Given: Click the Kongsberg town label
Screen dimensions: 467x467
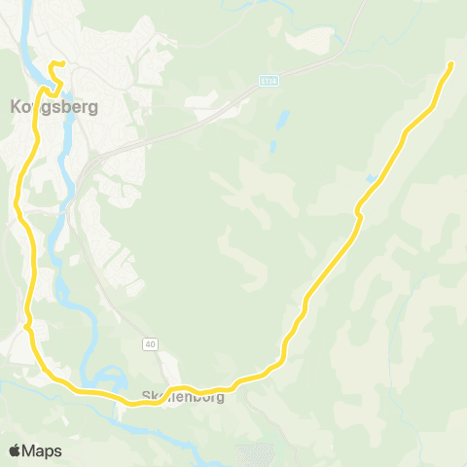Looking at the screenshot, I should (x=54, y=107).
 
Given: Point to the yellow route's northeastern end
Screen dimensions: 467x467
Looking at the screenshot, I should (x=452, y=63).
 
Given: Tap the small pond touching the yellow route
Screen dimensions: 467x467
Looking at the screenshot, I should (x=372, y=179).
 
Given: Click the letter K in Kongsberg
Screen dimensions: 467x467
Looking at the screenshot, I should (x=16, y=107).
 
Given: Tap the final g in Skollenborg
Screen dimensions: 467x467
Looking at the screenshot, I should (x=219, y=398).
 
